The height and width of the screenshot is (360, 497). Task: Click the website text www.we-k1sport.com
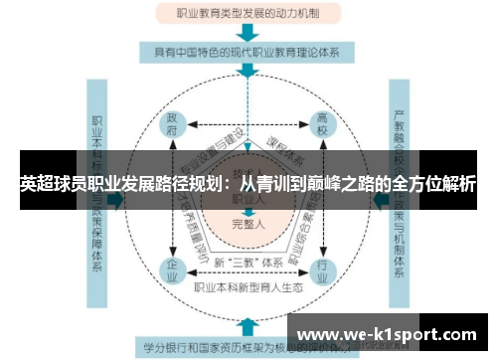pyautogui.click(x=387, y=332)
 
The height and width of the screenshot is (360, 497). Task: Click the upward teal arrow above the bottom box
pyautogui.click(x=246, y=326)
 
